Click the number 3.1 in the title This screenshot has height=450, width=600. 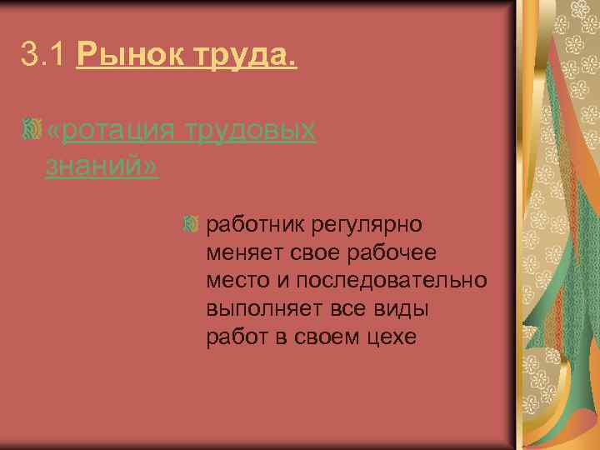(x=43, y=57)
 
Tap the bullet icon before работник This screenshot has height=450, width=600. (x=192, y=224)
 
